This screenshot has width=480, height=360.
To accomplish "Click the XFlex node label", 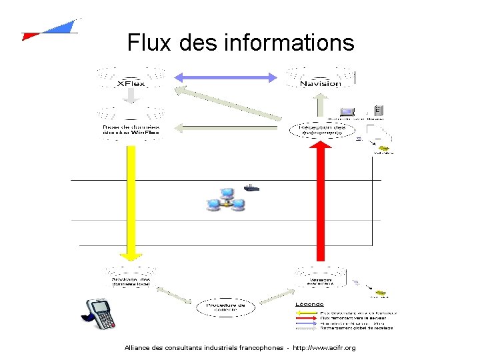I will [x=131, y=83].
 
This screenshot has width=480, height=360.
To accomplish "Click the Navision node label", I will [x=320, y=83].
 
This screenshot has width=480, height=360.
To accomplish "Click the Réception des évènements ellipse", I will [x=321, y=129].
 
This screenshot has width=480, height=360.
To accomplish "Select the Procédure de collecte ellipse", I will [x=225, y=308].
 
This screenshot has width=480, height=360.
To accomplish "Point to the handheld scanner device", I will [x=100, y=314].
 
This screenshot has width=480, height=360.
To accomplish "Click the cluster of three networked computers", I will [x=226, y=200].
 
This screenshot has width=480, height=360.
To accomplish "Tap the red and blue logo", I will [x=50, y=30].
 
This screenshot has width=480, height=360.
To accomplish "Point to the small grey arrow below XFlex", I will [x=131, y=97].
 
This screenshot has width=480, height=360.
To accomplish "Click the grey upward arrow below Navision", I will [x=321, y=104].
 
